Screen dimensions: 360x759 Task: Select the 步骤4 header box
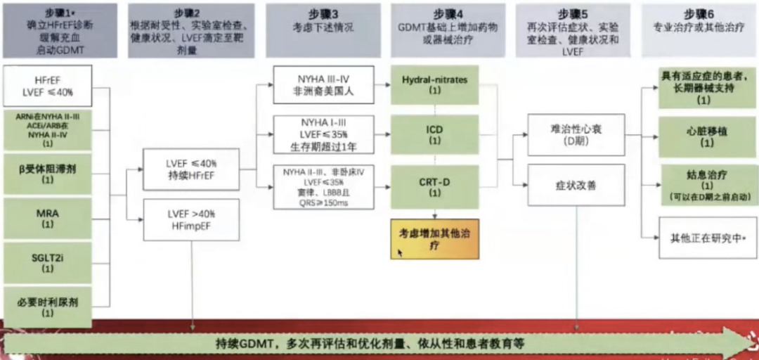[448, 30]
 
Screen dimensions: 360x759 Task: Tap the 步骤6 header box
[699, 30]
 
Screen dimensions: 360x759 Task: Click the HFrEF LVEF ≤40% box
[48, 85]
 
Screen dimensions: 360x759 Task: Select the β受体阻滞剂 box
[48, 174]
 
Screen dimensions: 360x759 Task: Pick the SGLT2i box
[48, 262]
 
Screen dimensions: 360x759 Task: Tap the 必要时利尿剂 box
[48, 306]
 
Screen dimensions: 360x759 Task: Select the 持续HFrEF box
[190, 169]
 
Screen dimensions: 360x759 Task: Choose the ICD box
[434, 136]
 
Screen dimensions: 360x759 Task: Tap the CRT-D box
[434, 186]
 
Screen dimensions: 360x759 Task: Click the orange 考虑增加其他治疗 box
[434, 238]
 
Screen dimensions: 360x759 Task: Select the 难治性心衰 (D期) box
[576, 135]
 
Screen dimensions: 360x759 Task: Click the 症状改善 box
[576, 185]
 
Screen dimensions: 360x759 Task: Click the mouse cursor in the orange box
[401, 252]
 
